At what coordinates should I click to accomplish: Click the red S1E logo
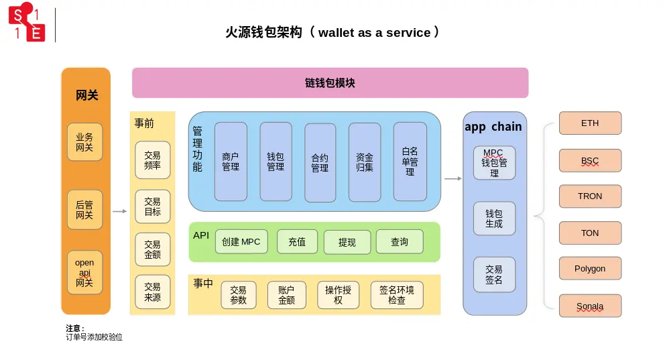tap(27, 24)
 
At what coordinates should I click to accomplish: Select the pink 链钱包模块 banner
tap(330, 83)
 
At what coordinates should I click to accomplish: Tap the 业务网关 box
tap(84, 142)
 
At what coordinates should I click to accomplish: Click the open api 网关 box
tap(84, 273)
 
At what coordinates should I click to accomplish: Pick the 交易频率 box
tap(152, 160)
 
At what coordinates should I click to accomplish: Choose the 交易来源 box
tap(152, 292)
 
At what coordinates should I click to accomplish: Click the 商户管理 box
tap(231, 162)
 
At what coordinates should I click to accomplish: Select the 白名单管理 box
tap(410, 162)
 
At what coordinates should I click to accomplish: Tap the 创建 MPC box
tap(241, 241)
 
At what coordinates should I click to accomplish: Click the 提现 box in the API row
tap(347, 242)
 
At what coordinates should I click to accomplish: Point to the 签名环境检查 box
tap(396, 295)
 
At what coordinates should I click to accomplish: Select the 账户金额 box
tap(286, 295)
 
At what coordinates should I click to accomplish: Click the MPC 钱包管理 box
tap(494, 163)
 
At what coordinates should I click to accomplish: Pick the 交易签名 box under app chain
tap(494, 275)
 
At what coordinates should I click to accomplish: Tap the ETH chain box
tap(590, 123)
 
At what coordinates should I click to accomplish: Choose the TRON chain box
tap(590, 196)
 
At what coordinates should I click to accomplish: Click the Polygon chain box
tap(590, 269)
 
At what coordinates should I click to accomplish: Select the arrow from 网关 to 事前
tap(119, 211)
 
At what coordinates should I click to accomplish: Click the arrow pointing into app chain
tap(453, 178)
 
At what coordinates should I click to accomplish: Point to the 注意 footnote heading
tap(75, 328)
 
